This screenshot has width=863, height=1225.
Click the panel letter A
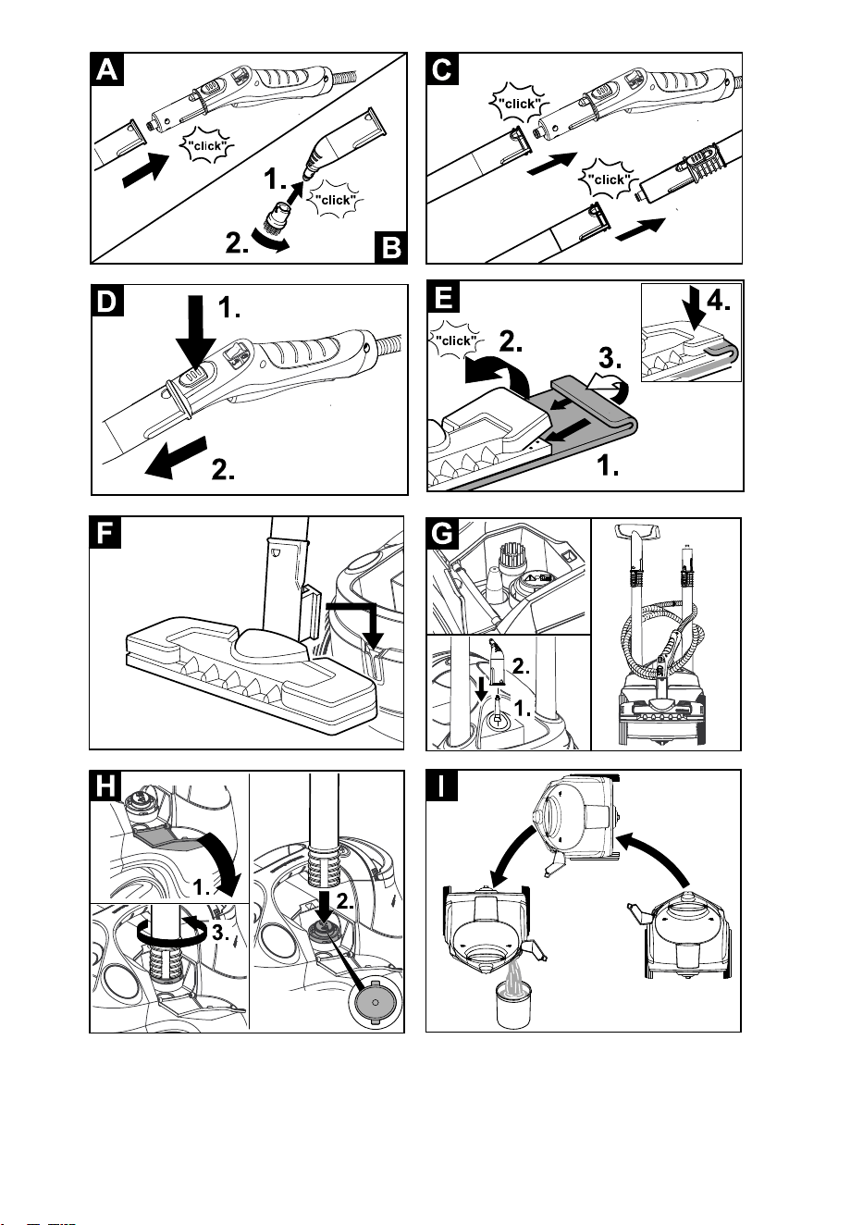coord(107,70)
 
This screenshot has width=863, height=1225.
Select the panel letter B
coord(391,247)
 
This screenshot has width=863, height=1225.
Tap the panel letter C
coord(442,69)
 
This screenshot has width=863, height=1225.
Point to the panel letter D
coord(107,301)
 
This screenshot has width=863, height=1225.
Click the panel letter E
coord(443,297)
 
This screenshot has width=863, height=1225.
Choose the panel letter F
coord(105,533)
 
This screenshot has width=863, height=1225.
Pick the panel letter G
coord(442,534)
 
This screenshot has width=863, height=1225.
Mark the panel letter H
coord(105,786)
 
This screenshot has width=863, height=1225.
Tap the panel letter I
coord(441,786)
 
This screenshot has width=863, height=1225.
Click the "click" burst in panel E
coord(455,340)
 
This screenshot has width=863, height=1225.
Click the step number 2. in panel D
coord(223,469)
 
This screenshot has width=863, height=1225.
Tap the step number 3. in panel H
coord(219,933)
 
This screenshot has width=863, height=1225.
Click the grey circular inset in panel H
coord(376,1002)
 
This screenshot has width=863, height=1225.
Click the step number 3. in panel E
coord(610,358)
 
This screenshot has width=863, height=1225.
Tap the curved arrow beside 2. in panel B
coord(269,241)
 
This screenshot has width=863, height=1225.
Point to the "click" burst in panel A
coord(206,146)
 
